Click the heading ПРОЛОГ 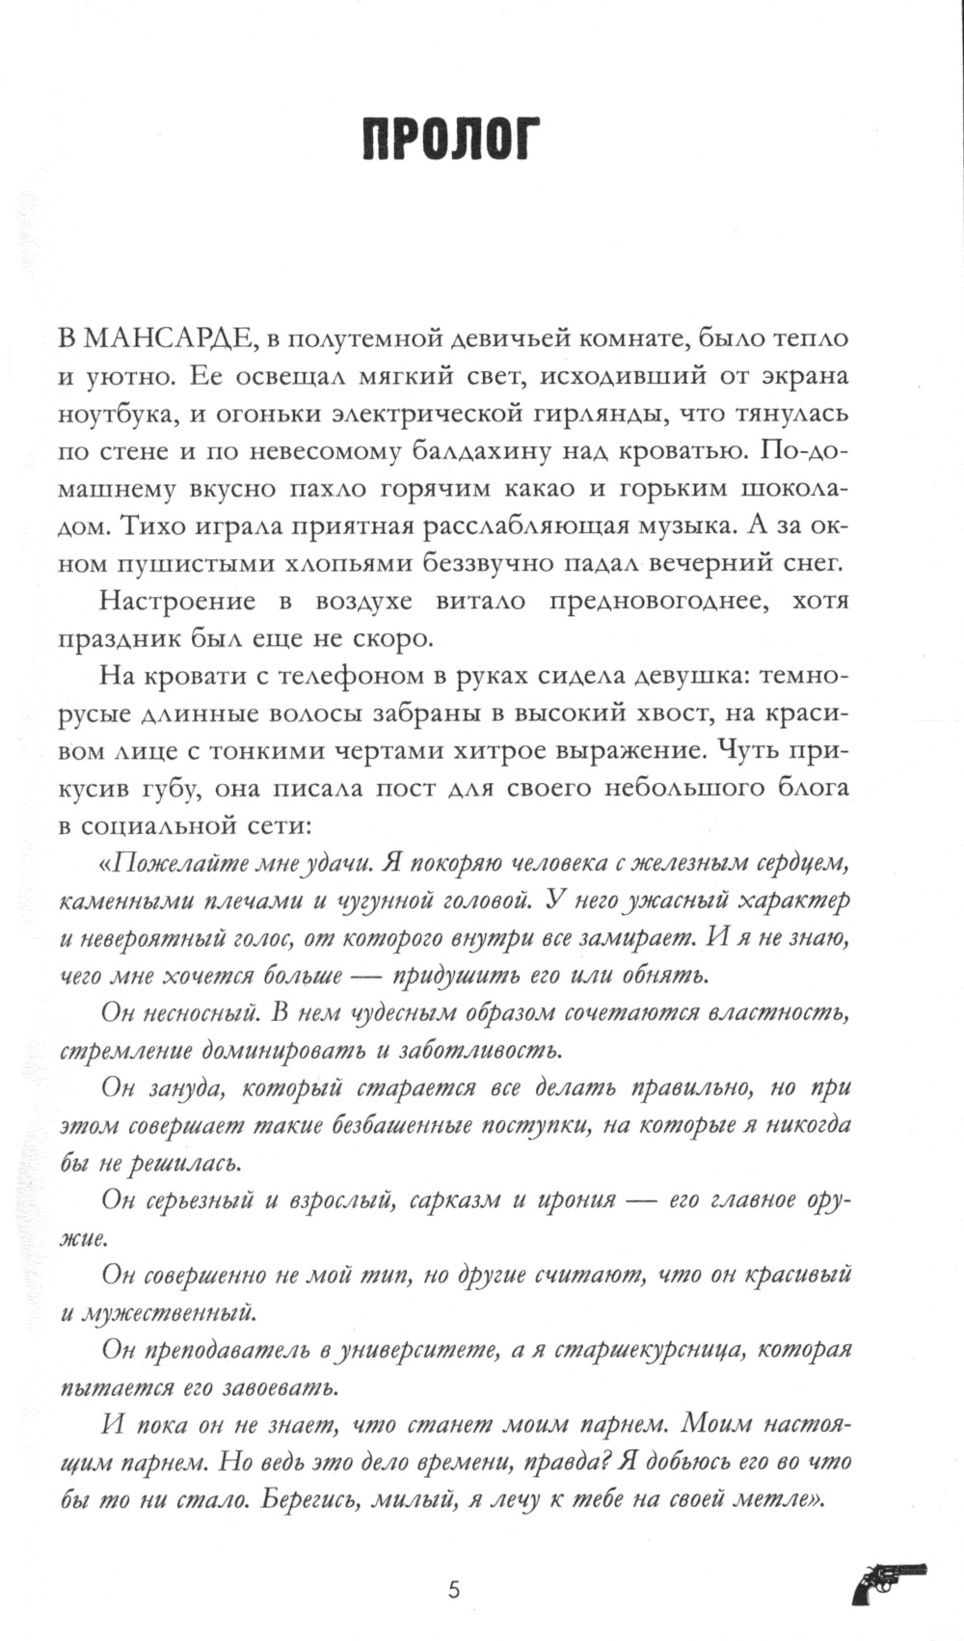pyautogui.click(x=452, y=140)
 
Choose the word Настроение pyautogui.click(x=177, y=601)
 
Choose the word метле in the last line pyautogui.click(x=775, y=1500)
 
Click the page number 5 pyautogui.click(x=454, y=1589)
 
